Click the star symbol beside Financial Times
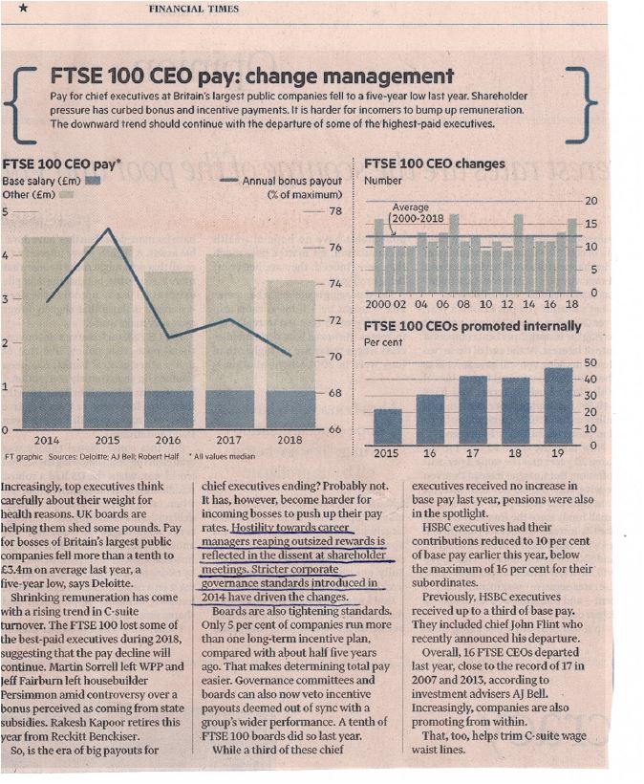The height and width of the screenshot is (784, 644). [23, 8]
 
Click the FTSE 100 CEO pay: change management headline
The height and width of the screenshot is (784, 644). [252, 76]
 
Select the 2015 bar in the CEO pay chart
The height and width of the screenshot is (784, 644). [108, 337]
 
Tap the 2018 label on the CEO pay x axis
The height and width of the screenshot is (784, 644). [290, 440]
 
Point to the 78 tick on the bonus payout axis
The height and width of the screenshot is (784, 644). [335, 211]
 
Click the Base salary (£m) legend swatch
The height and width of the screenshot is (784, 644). [93, 181]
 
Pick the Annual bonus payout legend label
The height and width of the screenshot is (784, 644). [292, 181]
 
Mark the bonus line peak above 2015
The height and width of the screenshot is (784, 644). [108, 229]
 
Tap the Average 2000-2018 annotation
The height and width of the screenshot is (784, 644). [418, 212]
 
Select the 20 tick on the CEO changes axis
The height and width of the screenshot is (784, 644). [591, 201]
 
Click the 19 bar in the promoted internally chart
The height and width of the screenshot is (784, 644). [558, 406]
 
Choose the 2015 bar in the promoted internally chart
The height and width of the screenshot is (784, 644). [388, 427]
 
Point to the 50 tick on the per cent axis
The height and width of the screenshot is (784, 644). [590, 362]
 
